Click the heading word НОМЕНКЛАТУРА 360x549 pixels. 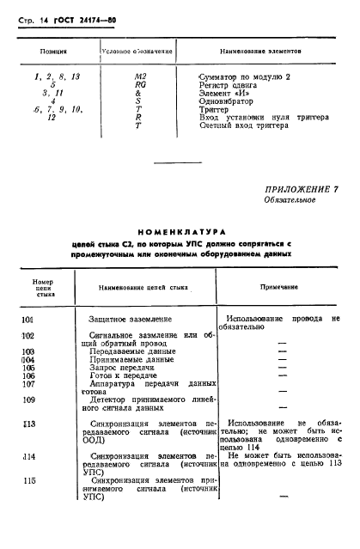click(180, 231)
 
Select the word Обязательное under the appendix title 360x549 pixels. click(290, 200)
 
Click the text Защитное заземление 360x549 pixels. click(136, 320)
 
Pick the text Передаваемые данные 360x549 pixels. click(131, 352)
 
